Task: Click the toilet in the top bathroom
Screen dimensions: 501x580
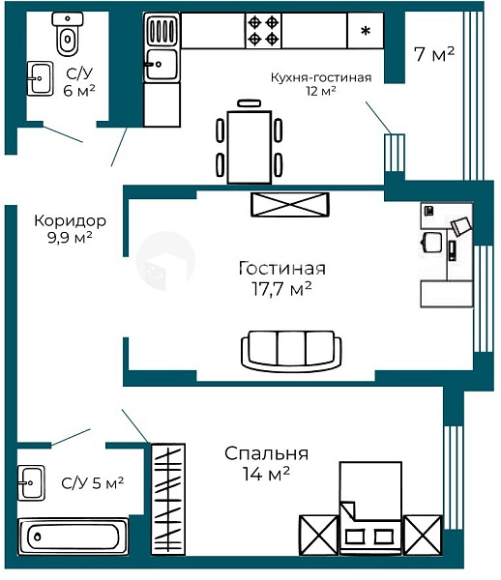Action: click(x=68, y=34)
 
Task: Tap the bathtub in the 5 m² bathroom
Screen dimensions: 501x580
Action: click(x=74, y=536)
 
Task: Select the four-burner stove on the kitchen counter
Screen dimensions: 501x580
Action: click(x=263, y=31)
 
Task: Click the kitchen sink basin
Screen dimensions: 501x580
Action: click(x=162, y=65)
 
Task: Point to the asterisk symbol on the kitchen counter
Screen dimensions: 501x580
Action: click(x=366, y=31)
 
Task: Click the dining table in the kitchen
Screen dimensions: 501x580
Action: click(x=250, y=147)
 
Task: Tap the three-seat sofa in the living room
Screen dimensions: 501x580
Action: click(x=291, y=351)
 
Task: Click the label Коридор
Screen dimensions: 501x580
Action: click(x=71, y=220)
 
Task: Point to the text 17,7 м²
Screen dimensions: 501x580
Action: click(x=281, y=288)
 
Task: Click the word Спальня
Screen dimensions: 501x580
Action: click(x=266, y=453)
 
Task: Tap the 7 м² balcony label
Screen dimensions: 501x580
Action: click(x=433, y=54)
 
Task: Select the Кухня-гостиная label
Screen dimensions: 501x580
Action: click(x=321, y=77)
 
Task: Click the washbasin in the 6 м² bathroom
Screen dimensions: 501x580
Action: click(x=40, y=78)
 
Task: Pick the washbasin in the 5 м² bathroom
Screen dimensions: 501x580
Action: click(x=32, y=482)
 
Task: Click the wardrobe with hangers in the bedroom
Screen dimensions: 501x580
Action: click(x=168, y=499)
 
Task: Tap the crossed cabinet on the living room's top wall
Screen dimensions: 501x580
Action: click(x=290, y=204)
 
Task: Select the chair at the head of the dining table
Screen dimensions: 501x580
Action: click(x=249, y=103)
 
